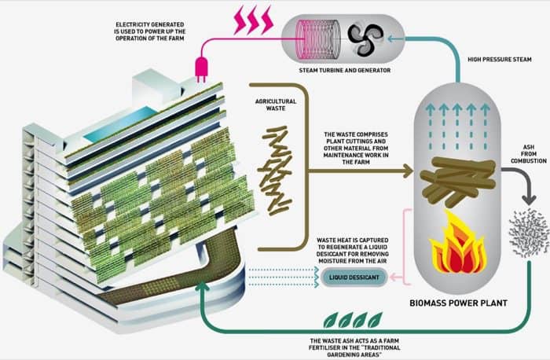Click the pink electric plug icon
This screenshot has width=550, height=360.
point(201,68)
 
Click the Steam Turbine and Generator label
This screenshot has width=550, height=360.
point(344,70)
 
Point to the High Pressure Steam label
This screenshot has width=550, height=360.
point(500,60)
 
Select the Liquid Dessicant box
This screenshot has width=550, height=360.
point(354,277)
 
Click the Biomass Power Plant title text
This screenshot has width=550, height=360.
point(458,303)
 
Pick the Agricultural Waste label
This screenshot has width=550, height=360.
point(276,105)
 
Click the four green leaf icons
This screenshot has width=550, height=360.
point(353,319)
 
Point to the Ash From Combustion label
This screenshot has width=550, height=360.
point(529,154)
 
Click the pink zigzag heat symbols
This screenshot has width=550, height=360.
point(254,20)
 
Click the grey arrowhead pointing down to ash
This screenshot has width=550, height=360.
point(529,200)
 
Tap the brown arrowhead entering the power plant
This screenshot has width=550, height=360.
point(409,171)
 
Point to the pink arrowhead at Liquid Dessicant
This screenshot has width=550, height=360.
point(394,277)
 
